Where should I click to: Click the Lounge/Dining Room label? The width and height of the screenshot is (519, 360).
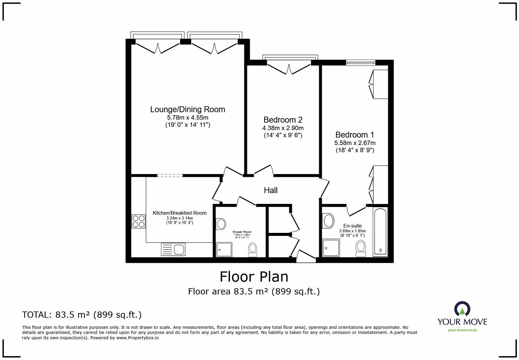pos(187,110)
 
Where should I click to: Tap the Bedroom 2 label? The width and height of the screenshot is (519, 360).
pos(283,120)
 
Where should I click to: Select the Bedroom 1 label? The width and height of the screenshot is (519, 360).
pos(354,135)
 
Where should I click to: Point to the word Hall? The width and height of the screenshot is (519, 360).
pos(270,190)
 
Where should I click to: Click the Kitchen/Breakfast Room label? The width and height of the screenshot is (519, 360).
pos(179,213)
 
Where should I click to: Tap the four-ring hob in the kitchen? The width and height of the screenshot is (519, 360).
pos(138,221)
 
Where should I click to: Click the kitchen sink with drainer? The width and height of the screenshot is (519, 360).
pos(173,249)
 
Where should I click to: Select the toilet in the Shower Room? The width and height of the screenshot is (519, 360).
pos(253,249)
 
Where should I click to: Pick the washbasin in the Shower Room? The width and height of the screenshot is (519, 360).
pos(221,224)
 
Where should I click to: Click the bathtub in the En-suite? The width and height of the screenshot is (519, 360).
pos(380,232)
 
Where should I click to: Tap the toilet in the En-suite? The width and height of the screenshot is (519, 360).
pos(360,248)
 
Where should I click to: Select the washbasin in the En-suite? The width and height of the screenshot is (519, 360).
pos(328,221)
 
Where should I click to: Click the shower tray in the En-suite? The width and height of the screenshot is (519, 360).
pos(331,248)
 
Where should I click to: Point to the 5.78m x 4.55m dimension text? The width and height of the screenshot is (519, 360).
pos(187,117)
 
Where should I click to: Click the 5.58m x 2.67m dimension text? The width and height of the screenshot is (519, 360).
pos(354,143)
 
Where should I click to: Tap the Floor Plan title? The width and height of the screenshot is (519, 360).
pos(254,277)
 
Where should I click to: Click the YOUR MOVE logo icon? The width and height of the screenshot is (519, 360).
pos(462,308)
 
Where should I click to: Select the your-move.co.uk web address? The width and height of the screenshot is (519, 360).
pos(462,330)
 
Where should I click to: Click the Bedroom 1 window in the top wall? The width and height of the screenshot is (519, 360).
pos(360,63)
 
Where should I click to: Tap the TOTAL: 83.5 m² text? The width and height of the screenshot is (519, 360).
pos(82,315)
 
